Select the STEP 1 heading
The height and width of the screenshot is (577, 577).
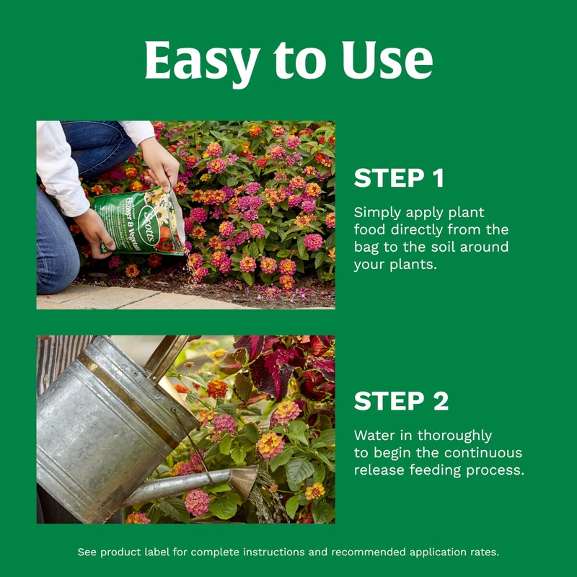point(399,178)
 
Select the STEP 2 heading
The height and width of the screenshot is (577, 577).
point(401,401)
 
